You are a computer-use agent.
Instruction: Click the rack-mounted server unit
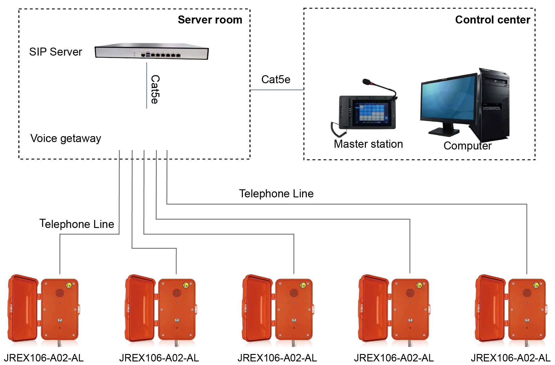click(151, 53)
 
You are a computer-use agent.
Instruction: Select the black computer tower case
click(493, 104)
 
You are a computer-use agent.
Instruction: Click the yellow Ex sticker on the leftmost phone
click(69, 285)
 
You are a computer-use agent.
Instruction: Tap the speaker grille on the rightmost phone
click(527, 293)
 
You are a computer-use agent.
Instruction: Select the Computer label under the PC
click(467, 146)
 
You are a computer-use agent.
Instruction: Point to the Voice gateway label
click(65, 139)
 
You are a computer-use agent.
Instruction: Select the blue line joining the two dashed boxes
click(276, 89)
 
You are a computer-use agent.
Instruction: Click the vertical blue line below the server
click(146, 86)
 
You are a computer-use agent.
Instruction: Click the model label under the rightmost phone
click(510, 357)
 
